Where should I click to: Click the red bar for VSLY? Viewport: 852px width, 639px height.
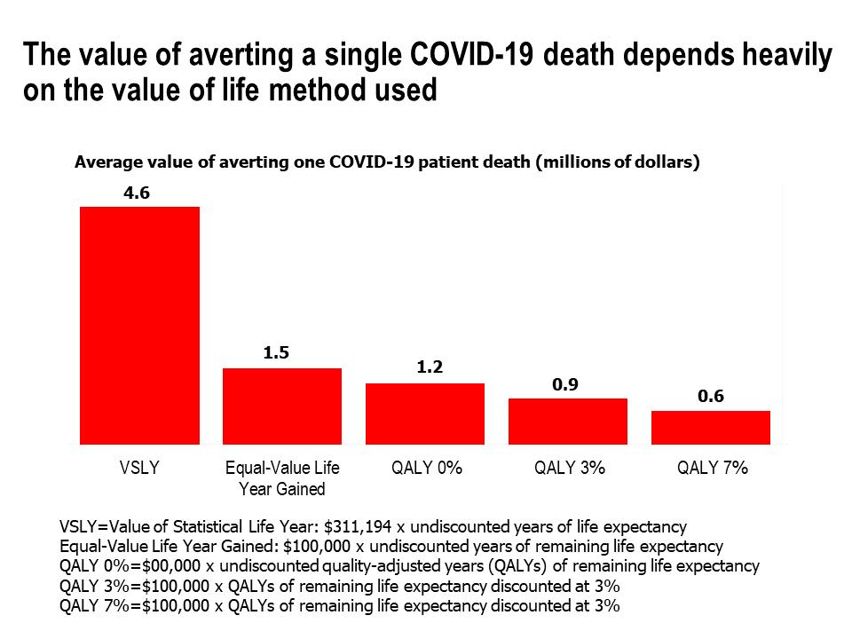point(139,325)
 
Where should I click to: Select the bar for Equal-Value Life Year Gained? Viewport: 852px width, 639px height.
point(282,406)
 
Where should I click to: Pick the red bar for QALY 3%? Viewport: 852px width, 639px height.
point(568,421)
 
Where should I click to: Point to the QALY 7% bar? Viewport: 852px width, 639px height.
point(711,427)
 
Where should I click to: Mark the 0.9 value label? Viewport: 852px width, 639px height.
point(568,384)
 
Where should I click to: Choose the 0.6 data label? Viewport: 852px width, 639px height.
point(711,397)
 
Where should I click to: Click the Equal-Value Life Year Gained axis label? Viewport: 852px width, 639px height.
point(282,478)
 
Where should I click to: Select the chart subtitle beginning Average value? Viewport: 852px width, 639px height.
point(387,162)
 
